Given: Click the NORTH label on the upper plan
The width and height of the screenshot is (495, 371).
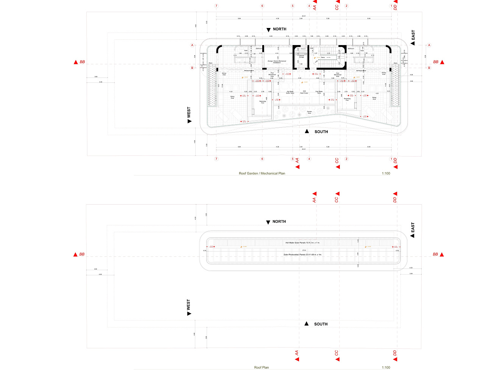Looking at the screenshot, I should coord(279,29).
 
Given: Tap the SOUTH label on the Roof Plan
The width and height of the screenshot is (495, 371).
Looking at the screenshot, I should coord(321,324).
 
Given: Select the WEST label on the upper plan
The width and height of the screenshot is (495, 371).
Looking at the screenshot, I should coord(189,112).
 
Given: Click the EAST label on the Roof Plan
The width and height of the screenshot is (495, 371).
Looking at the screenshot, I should coord(413,228).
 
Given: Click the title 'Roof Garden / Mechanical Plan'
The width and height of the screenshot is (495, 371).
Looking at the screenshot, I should coord(262,173).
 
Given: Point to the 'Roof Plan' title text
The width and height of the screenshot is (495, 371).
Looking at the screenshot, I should coord(262,367).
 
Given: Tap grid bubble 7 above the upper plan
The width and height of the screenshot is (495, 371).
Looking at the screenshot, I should coord(216,6).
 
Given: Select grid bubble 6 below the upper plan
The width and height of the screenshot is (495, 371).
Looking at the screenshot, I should coord(262,159).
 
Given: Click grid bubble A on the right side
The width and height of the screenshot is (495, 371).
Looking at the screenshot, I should coord(429,45).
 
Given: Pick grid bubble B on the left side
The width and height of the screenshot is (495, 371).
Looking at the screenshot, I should coord(192,68).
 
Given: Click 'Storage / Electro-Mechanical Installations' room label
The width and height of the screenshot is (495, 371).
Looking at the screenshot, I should coord(277,62).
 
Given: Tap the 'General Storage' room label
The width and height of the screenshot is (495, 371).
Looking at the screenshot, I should coord(301,56).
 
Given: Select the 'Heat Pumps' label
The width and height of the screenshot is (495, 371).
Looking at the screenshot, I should coord(304,93).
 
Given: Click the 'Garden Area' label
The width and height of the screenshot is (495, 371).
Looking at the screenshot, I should coord(309,112).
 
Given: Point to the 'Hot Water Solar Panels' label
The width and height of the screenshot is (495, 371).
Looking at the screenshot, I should coord(302,242).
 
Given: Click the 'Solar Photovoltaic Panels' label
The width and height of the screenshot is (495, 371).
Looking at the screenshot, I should coord(302,255).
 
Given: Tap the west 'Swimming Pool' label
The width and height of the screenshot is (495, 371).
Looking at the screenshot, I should coord(263,102).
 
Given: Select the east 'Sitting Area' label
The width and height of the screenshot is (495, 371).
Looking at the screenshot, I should coord(374,98).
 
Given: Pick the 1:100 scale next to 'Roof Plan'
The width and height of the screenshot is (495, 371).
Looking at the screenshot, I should coord(386,367).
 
